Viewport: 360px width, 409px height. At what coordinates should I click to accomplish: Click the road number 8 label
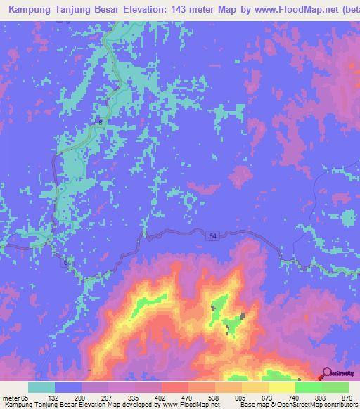click(x=100, y=123)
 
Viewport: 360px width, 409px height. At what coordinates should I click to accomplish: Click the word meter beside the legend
click(x=11, y=397)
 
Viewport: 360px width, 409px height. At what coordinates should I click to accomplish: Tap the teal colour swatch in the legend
click(x=41, y=387)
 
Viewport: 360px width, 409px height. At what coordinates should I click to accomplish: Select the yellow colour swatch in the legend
click(x=282, y=387)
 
